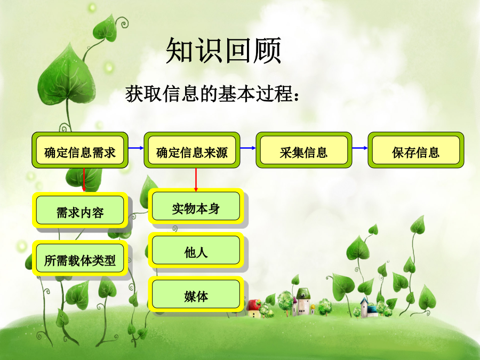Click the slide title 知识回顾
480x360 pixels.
(x=223, y=51)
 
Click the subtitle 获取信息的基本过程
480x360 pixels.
(x=208, y=94)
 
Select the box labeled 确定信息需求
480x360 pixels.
(x=80, y=150)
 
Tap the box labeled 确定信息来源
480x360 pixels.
(x=192, y=150)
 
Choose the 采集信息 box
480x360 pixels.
(x=304, y=150)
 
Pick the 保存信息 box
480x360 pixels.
(x=416, y=150)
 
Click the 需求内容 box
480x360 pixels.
(x=80, y=210)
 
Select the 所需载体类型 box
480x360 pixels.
(x=80, y=258)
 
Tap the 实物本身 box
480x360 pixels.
(x=196, y=206)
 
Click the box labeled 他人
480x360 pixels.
(x=196, y=250)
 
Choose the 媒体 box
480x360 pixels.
(x=196, y=294)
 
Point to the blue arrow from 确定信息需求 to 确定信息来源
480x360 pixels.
(x=136, y=148)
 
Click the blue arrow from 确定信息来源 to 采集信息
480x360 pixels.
(x=248, y=148)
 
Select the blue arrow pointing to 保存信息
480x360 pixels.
(x=360, y=148)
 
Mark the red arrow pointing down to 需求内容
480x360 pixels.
(x=84, y=180)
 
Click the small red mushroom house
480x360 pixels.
(x=254, y=309)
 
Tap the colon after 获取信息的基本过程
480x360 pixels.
(x=295, y=95)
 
